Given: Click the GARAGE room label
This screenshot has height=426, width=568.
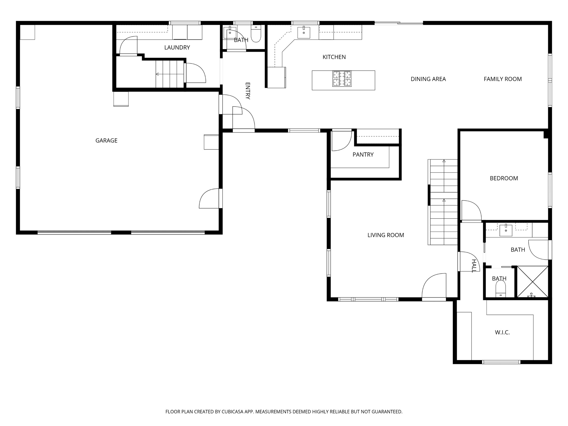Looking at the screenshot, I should [106, 141].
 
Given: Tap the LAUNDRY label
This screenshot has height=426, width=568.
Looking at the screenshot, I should [177, 47].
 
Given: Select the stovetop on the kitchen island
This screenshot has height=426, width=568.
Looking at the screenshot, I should [342, 78].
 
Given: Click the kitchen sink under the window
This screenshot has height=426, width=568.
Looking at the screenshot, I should [304, 32].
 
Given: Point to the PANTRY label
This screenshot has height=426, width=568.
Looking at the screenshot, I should [363, 155].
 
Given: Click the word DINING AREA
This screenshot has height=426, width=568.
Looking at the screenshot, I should [428, 79].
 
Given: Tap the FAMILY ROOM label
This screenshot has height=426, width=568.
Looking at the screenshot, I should [503, 79].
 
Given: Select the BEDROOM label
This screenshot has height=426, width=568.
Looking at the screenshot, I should [504, 178].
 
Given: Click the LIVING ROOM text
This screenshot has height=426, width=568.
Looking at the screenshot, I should [386, 235].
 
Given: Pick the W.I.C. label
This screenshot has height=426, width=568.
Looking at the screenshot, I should [502, 332].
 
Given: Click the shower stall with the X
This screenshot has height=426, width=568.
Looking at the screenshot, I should [532, 282].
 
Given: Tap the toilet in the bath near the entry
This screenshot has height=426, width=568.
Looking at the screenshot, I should [256, 34].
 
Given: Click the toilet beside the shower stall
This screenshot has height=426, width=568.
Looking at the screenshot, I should [501, 288].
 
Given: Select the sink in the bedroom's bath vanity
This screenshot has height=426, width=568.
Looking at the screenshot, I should [506, 230].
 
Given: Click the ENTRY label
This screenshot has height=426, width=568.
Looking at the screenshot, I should [248, 91].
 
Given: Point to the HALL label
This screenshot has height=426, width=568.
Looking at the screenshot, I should [474, 266].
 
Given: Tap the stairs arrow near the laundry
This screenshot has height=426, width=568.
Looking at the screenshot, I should [158, 74].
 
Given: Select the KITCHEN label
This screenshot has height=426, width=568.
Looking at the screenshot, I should [334, 57].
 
